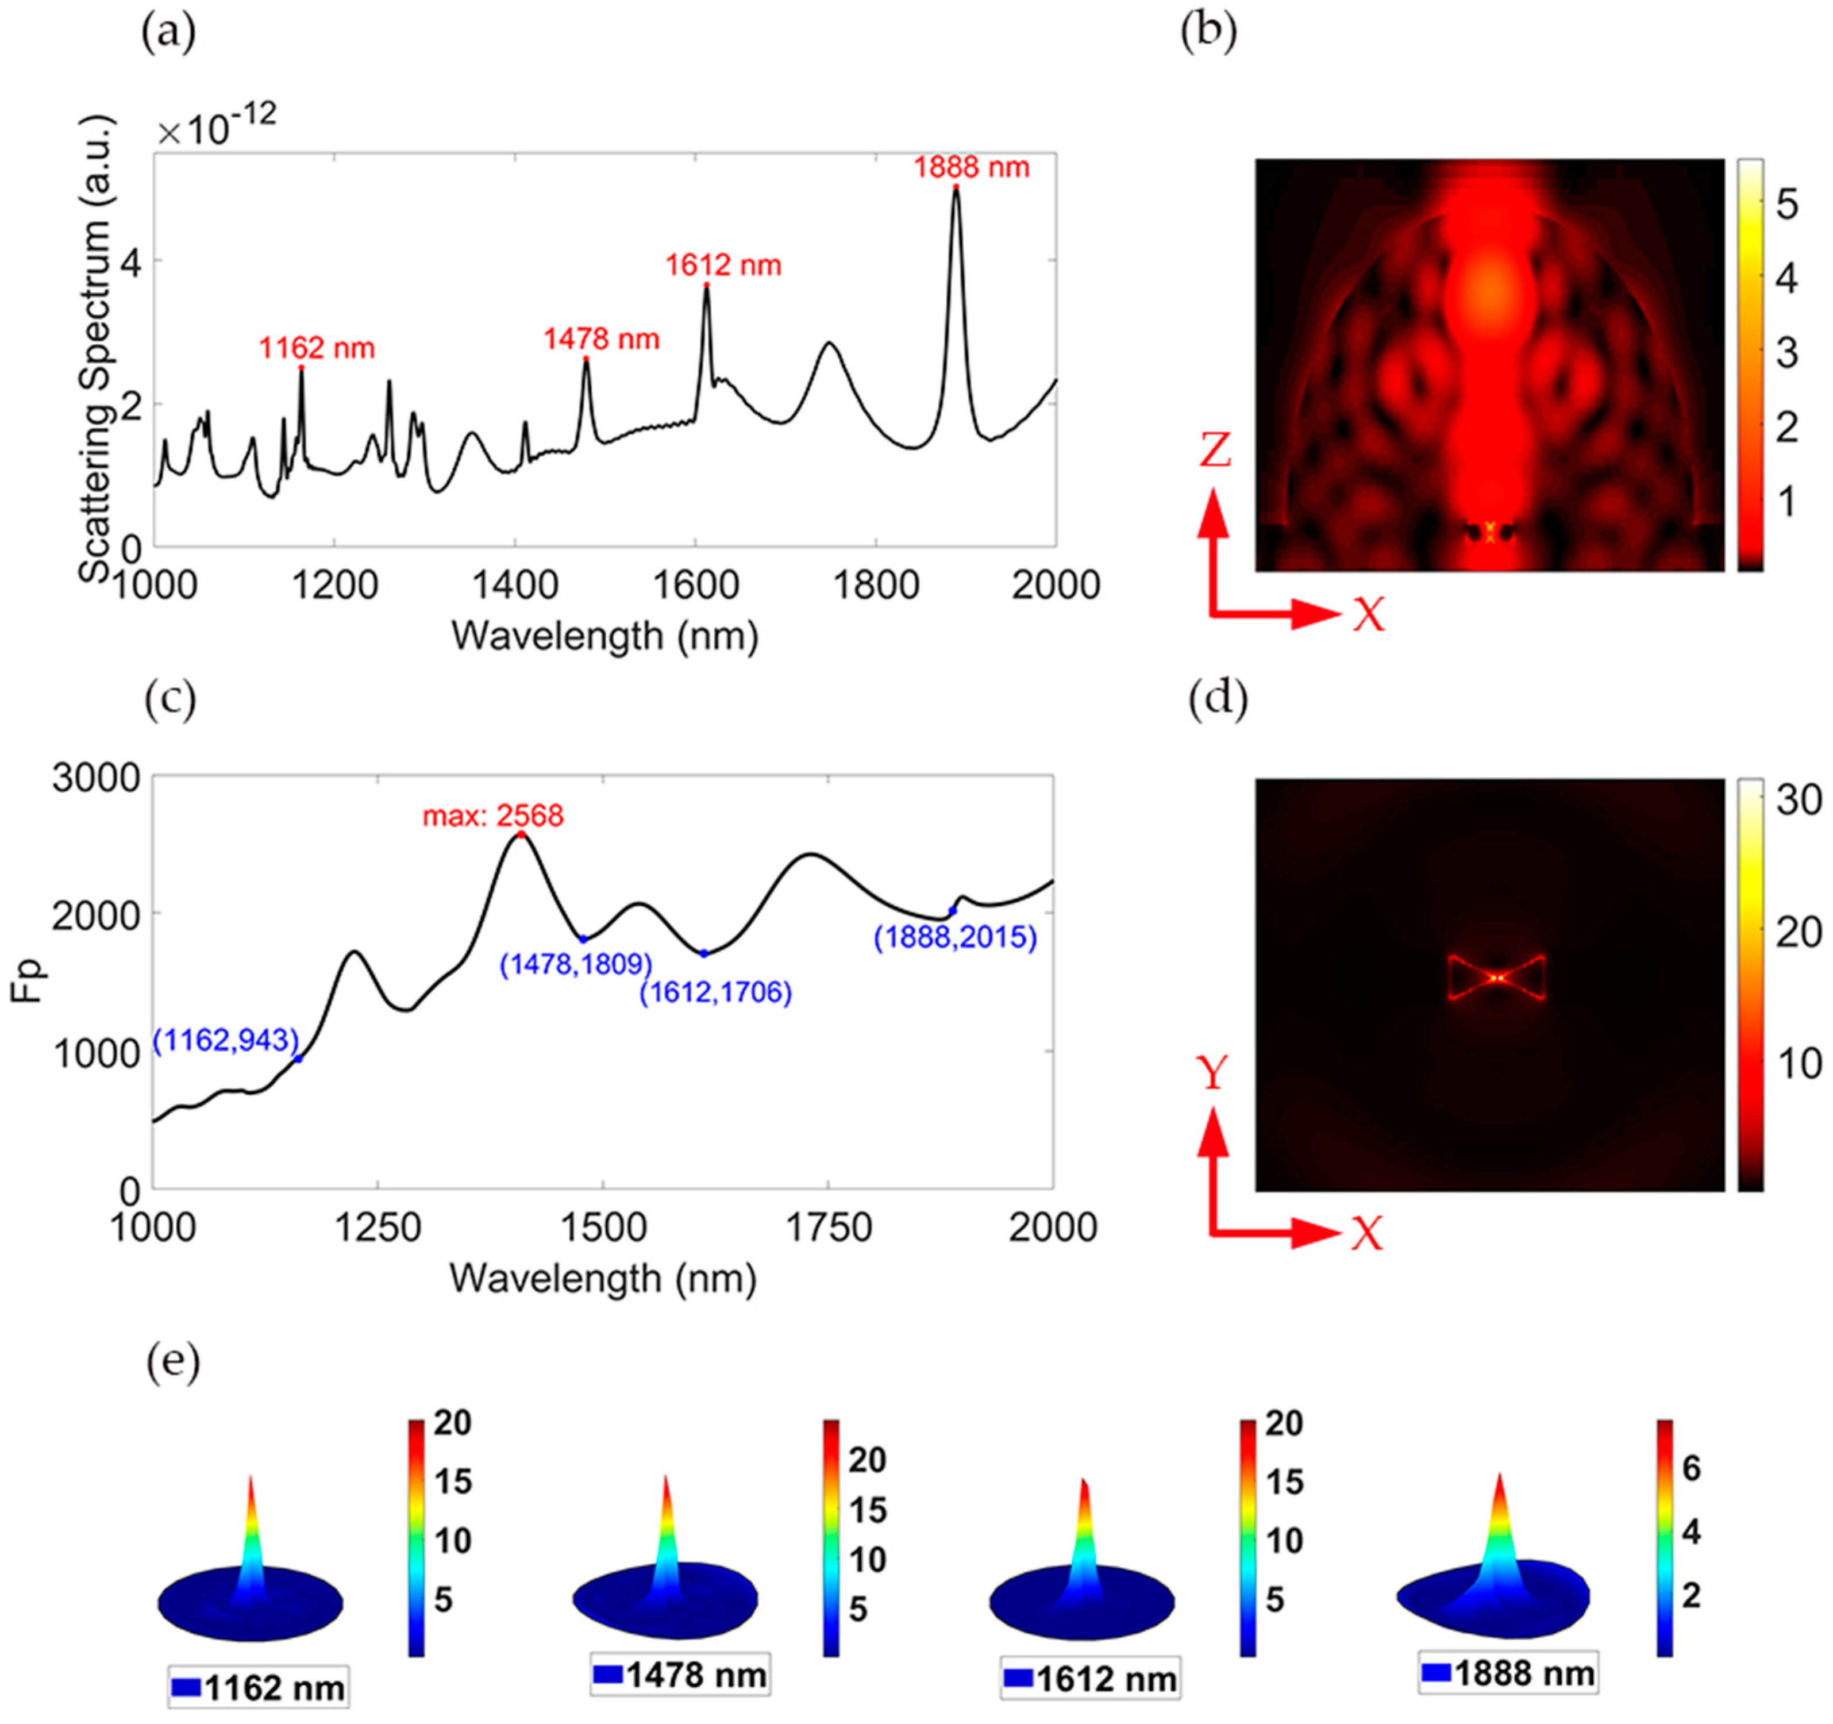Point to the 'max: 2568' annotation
point(493,816)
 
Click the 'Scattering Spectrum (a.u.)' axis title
point(95,348)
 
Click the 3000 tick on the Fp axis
point(96,779)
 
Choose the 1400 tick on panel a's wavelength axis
point(514,586)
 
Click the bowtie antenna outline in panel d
point(1496,978)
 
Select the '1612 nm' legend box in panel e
point(1090,1680)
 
